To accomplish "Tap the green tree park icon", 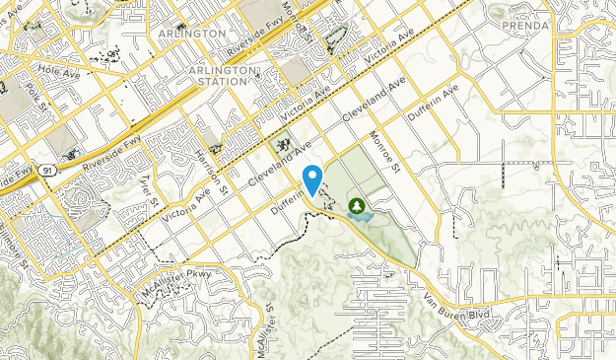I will (356, 206).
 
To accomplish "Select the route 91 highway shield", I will (47, 171).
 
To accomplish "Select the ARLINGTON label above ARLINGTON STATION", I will (191, 33).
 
